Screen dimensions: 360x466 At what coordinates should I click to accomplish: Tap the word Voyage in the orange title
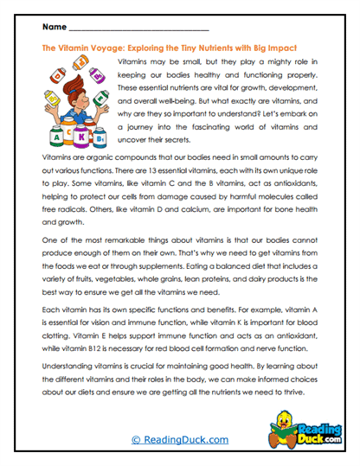[106, 49]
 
